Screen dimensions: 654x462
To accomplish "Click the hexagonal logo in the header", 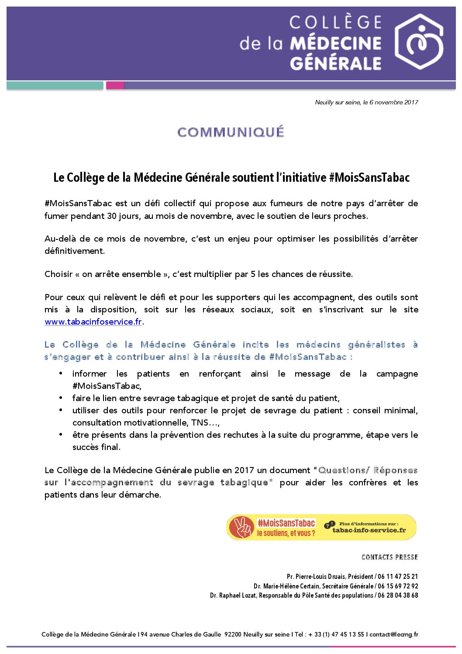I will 419,42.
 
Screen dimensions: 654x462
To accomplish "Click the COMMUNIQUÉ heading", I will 231,132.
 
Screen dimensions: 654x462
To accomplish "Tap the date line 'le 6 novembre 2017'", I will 390,102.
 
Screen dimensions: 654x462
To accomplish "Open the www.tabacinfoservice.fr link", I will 93,322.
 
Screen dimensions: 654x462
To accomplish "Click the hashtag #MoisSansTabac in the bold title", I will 369,177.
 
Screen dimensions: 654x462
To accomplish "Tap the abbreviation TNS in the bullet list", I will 200,423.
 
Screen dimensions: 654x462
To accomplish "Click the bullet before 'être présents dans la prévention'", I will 62,435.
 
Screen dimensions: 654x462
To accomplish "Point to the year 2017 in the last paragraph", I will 244,471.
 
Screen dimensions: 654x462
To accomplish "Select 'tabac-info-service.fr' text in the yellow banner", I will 369,530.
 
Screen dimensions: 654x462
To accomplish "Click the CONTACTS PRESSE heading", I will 390,557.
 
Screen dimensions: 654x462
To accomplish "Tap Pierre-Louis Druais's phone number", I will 398,577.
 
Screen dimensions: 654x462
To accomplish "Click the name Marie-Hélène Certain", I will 291,586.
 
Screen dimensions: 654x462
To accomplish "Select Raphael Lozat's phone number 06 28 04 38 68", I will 398,595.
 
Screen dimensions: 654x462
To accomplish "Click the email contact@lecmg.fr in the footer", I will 394,634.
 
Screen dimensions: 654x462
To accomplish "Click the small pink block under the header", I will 115,86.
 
